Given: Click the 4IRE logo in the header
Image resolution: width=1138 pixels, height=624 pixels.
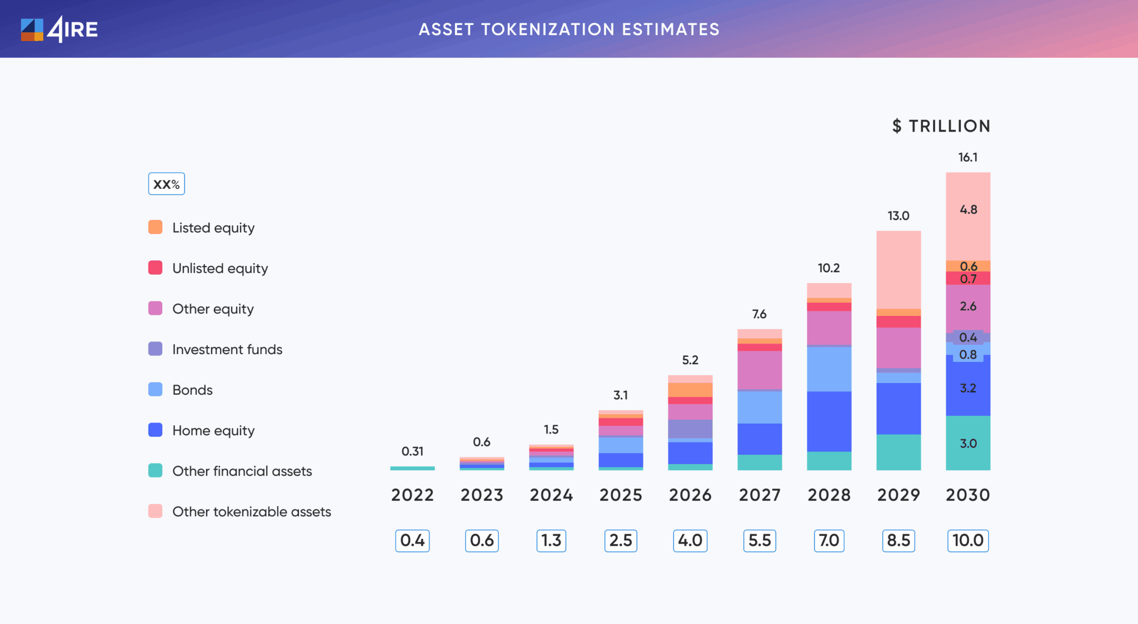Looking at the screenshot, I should point(59,29).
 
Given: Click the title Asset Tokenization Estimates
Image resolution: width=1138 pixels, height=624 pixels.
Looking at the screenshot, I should point(569,29).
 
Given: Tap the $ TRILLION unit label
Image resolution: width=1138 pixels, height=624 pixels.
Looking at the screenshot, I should point(941,126).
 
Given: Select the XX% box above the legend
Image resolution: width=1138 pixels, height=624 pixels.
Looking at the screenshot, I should point(166,184).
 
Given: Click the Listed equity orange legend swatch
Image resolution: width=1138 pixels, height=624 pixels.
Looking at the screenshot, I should point(156,227).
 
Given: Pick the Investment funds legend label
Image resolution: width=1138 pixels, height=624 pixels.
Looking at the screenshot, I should point(227,349).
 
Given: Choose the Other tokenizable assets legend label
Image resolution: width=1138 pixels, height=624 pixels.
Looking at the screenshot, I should point(251,511).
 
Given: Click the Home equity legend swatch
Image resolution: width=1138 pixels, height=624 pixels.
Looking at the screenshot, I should point(156,430).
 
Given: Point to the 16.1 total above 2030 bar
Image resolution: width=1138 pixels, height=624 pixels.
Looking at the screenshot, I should point(967,157).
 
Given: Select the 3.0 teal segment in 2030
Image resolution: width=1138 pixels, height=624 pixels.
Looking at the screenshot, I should point(968,443).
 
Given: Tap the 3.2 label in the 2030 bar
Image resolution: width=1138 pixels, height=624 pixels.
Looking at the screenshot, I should point(968,388).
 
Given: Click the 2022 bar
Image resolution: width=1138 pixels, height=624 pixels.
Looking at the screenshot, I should point(412,468).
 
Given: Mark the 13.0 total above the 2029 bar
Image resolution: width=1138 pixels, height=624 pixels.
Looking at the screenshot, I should point(898,215).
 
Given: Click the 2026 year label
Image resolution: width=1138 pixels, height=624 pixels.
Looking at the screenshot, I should point(690,495).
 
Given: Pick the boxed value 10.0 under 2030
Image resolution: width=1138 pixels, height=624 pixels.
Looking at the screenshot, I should point(967,540).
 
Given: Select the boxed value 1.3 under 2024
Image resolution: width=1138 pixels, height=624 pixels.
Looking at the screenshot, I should point(551,540).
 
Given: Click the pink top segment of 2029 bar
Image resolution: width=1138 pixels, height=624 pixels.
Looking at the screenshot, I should point(899,269).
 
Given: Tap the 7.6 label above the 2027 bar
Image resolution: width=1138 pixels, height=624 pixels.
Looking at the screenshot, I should point(759,314).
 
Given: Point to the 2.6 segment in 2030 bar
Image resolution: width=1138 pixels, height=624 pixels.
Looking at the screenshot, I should point(968,306).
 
